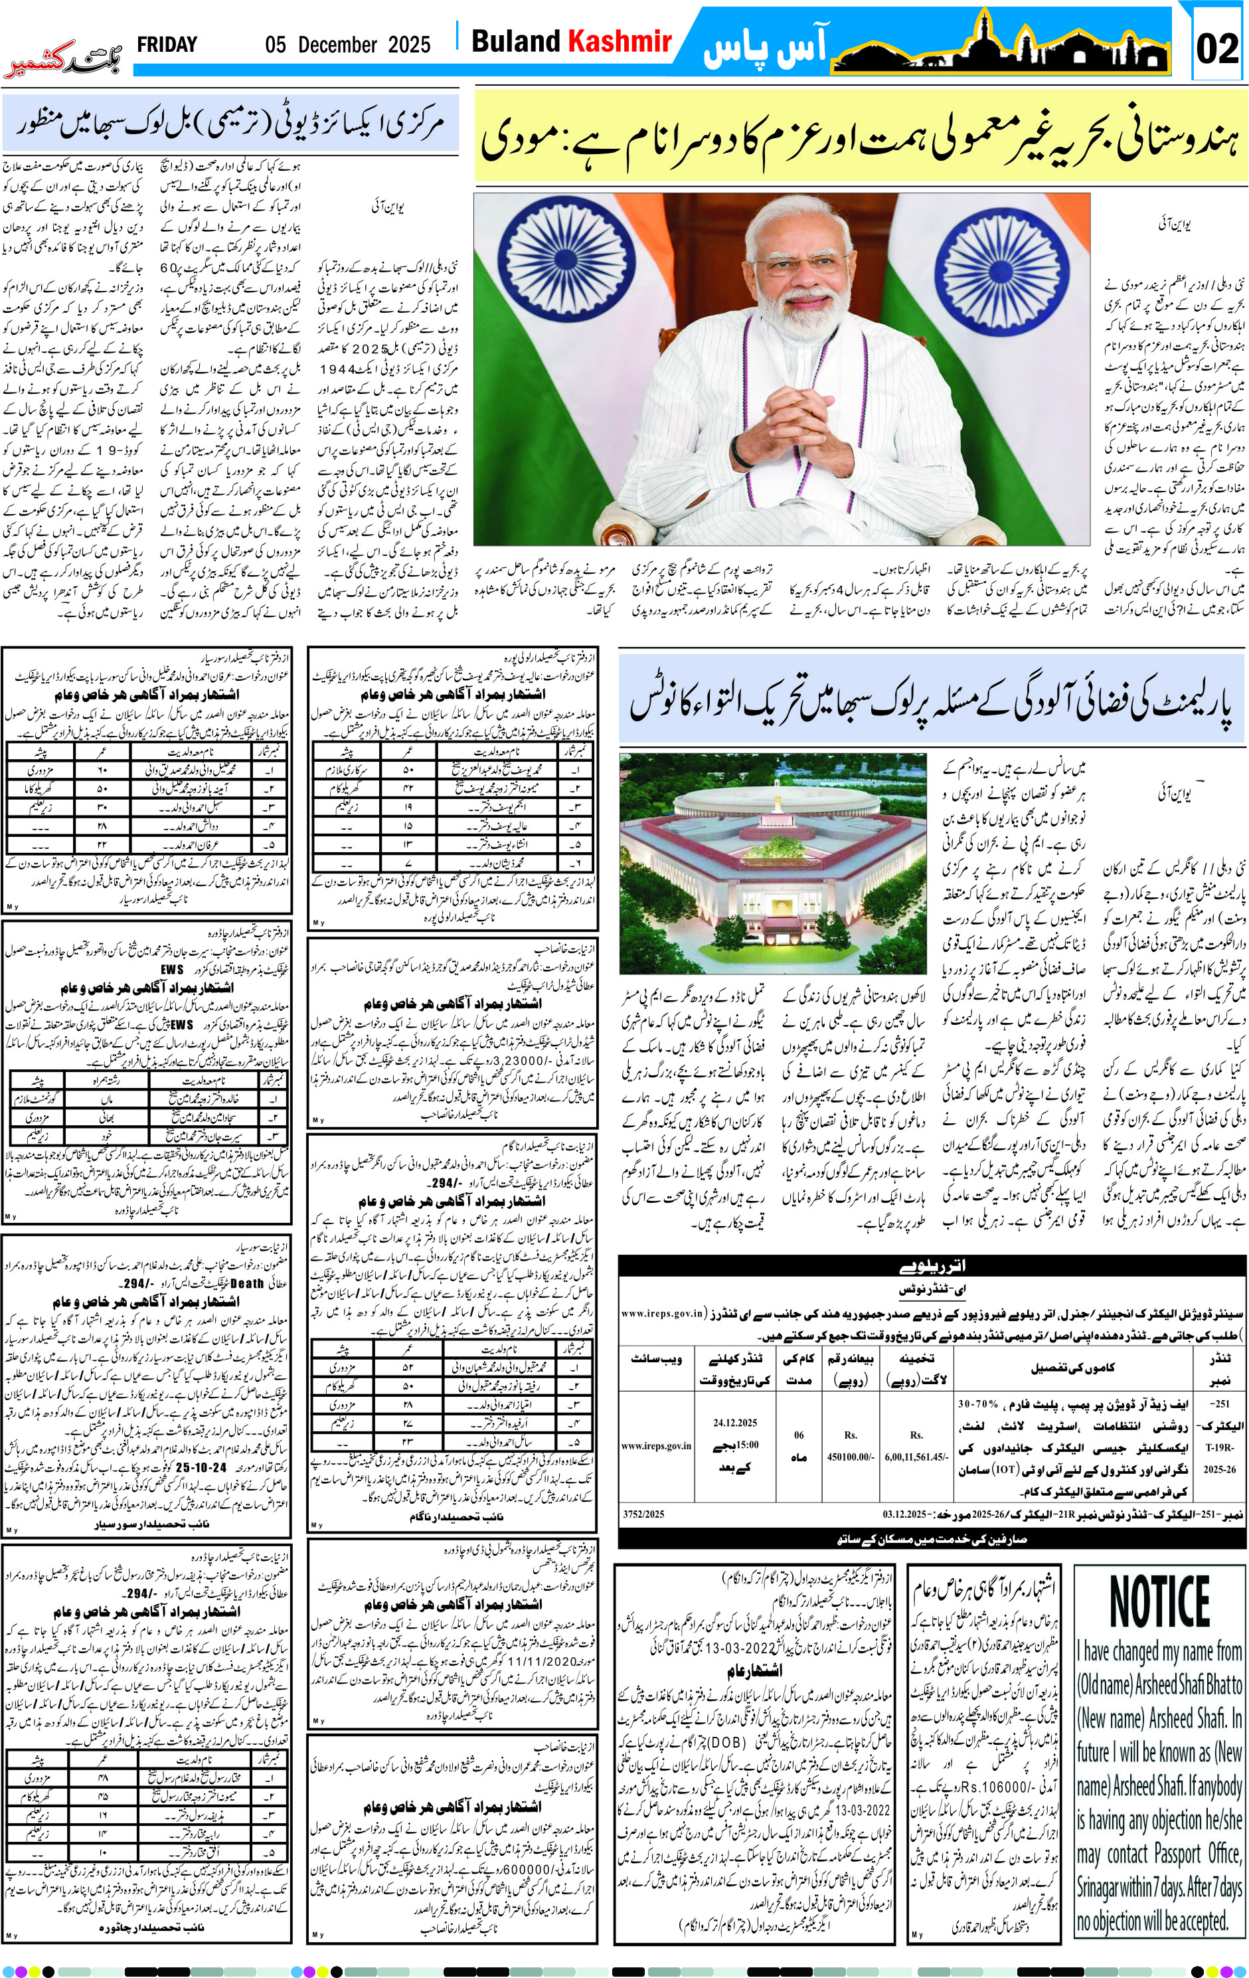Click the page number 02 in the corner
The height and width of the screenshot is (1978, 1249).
tap(1217, 48)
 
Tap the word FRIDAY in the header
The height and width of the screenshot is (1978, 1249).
tap(167, 45)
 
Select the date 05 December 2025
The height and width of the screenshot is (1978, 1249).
tap(347, 45)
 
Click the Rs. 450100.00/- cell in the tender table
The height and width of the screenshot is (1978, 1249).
tap(851, 1457)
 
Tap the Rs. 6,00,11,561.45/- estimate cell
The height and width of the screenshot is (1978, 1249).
tap(916, 1457)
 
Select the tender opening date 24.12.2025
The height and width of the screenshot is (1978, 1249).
tap(735, 1423)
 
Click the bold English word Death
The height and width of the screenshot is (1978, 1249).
tap(246, 1284)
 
